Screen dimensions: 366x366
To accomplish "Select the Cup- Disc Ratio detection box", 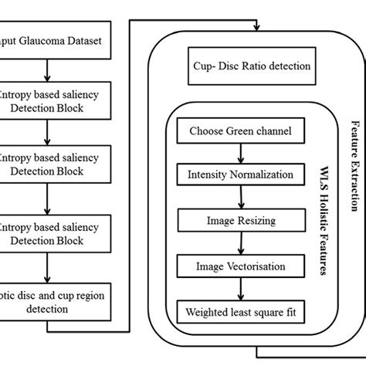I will (x=249, y=66).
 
